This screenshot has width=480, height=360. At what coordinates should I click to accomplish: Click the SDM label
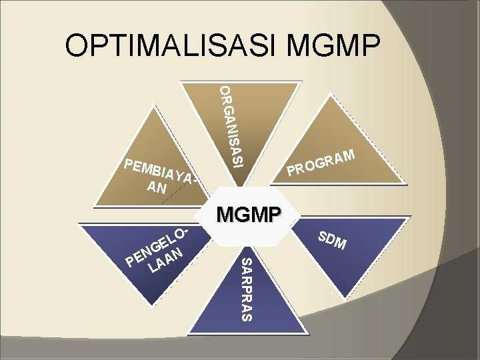tap(331, 240)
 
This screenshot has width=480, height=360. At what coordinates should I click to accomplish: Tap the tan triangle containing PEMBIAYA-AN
tap(157, 150)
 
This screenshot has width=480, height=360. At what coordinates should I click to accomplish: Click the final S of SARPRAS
tap(246, 315)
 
